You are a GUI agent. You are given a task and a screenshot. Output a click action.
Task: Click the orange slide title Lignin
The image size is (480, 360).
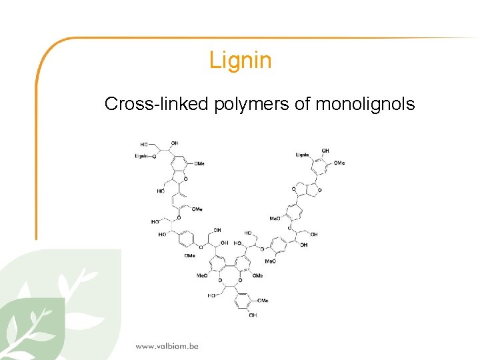(240, 61)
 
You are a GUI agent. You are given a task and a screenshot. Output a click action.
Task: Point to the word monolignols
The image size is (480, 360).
(365, 104)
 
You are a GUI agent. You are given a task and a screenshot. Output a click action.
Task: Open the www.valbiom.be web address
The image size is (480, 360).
(167, 346)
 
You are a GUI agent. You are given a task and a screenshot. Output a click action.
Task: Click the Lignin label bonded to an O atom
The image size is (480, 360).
(141, 156)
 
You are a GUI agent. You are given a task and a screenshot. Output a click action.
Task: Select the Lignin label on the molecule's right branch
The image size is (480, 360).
(303, 155)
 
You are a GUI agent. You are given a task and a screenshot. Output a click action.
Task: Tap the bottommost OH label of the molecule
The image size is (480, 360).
(253, 315)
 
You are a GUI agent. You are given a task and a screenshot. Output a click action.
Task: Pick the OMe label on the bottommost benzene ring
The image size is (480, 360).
(263, 301)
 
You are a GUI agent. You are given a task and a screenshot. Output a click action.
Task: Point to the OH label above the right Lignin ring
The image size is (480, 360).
(325, 151)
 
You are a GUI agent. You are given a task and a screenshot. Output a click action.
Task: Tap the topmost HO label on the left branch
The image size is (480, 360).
(144, 144)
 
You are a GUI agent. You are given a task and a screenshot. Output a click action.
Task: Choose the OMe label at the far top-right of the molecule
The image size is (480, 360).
(339, 163)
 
